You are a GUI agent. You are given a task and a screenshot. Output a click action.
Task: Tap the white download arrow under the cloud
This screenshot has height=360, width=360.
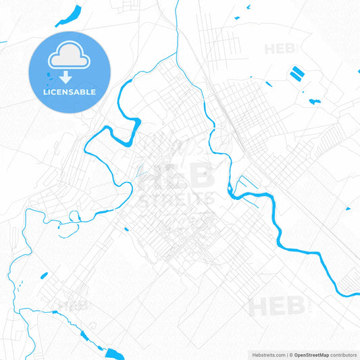(x=70, y=78)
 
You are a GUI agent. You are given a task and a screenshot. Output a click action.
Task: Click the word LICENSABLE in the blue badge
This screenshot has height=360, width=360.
(x=70, y=92)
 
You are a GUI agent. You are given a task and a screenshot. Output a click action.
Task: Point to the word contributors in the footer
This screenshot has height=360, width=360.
(x=343, y=355)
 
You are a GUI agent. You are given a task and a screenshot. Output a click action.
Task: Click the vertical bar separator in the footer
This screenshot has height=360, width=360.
(x=286, y=355)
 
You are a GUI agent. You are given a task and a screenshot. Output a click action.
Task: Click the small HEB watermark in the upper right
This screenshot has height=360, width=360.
(x=280, y=49)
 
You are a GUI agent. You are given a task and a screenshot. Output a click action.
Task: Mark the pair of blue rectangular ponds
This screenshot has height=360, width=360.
(x=296, y=74)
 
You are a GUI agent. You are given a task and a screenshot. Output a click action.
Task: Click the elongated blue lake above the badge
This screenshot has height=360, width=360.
(x=70, y=14)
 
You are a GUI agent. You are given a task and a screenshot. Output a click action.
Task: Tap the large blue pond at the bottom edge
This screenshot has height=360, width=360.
(x=114, y=353)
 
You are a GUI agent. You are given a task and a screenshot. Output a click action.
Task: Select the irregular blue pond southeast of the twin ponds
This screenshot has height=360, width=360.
(x=315, y=101)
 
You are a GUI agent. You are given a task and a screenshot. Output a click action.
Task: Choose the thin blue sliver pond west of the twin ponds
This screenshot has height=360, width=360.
(x=268, y=84)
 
